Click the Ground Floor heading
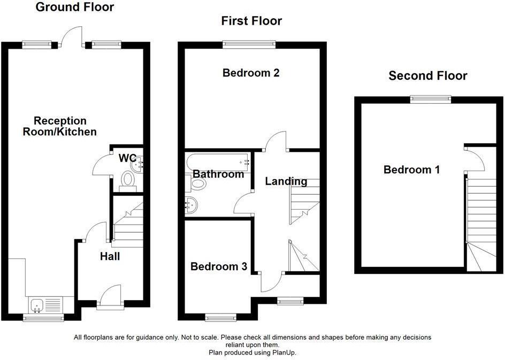[x=74, y=7]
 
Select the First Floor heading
[x=251, y=21]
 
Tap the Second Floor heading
[x=427, y=76]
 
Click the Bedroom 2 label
[x=251, y=73]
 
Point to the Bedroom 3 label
[x=218, y=266]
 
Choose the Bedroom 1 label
[x=411, y=170]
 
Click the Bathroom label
[x=218, y=174]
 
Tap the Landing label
[x=286, y=181]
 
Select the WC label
[x=127, y=158]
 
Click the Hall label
[x=110, y=257]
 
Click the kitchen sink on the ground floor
[x=38, y=305]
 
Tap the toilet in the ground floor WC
[x=128, y=181]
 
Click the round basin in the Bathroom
[x=191, y=204]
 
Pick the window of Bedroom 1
[x=431, y=98]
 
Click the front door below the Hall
[x=111, y=297]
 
